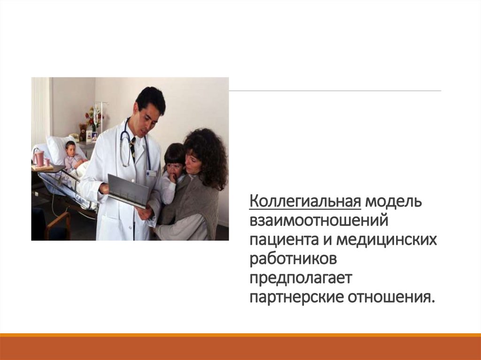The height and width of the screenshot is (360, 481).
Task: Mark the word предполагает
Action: tap(300, 278)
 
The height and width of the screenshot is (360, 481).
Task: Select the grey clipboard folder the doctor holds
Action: tap(128, 190)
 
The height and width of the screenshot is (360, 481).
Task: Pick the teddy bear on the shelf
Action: tap(83, 132)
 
